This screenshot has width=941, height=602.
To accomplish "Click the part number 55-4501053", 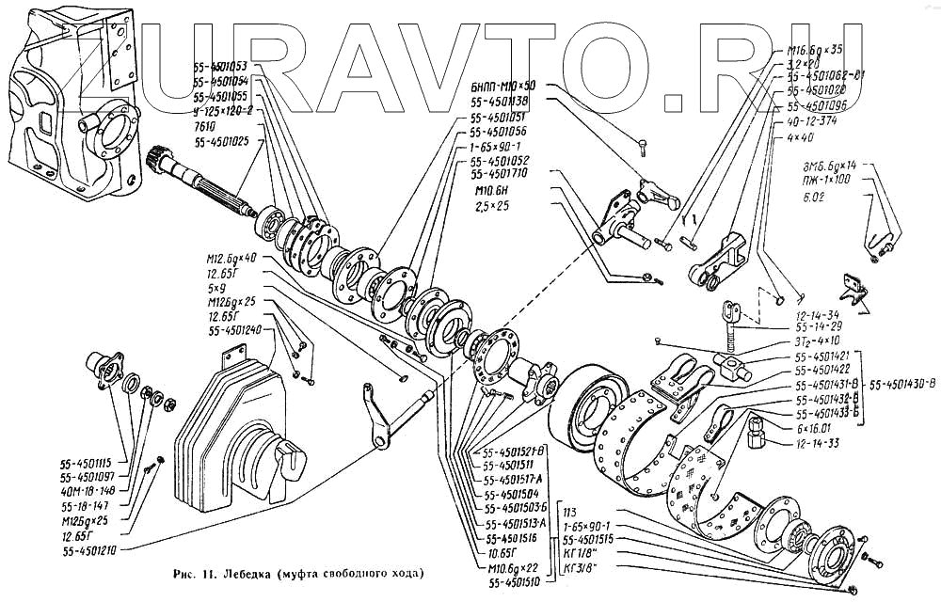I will tap(219, 67).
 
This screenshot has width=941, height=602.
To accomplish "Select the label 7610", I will tap(206, 126).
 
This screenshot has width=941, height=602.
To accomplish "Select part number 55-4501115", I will tap(85, 462).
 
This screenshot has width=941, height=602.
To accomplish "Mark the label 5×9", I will tap(222, 290).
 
